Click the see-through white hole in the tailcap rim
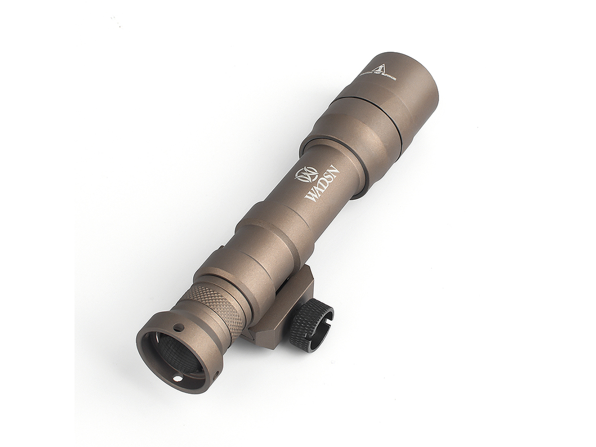click(x=177, y=379)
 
